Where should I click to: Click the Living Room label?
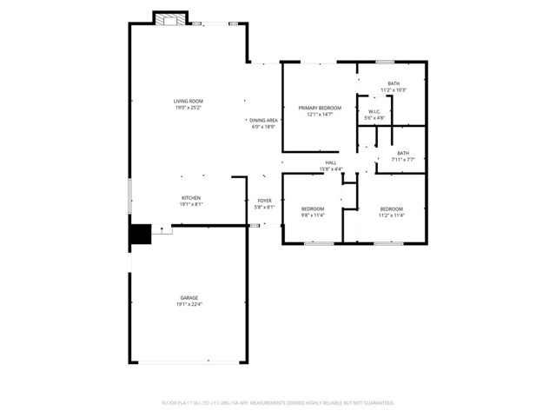point(189,102)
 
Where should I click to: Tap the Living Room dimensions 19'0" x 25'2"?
point(189,108)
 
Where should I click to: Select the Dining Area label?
point(263,120)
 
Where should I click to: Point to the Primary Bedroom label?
point(320,108)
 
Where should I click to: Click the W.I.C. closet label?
point(374,111)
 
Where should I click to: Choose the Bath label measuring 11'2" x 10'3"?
point(394,83)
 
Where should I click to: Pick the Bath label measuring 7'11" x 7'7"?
point(403,153)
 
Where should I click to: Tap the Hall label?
point(331,162)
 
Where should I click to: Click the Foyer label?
point(264,201)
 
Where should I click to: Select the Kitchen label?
point(191,198)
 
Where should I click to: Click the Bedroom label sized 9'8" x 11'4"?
point(313,208)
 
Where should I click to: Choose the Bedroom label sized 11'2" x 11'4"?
point(391,208)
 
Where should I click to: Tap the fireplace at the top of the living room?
point(170,18)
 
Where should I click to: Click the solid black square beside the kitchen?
point(140,235)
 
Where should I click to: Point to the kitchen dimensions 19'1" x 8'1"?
point(191,204)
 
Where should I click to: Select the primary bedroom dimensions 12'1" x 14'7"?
point(320,114)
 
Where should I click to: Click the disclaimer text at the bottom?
point(278,403)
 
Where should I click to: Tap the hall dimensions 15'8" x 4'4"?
point(331,169)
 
